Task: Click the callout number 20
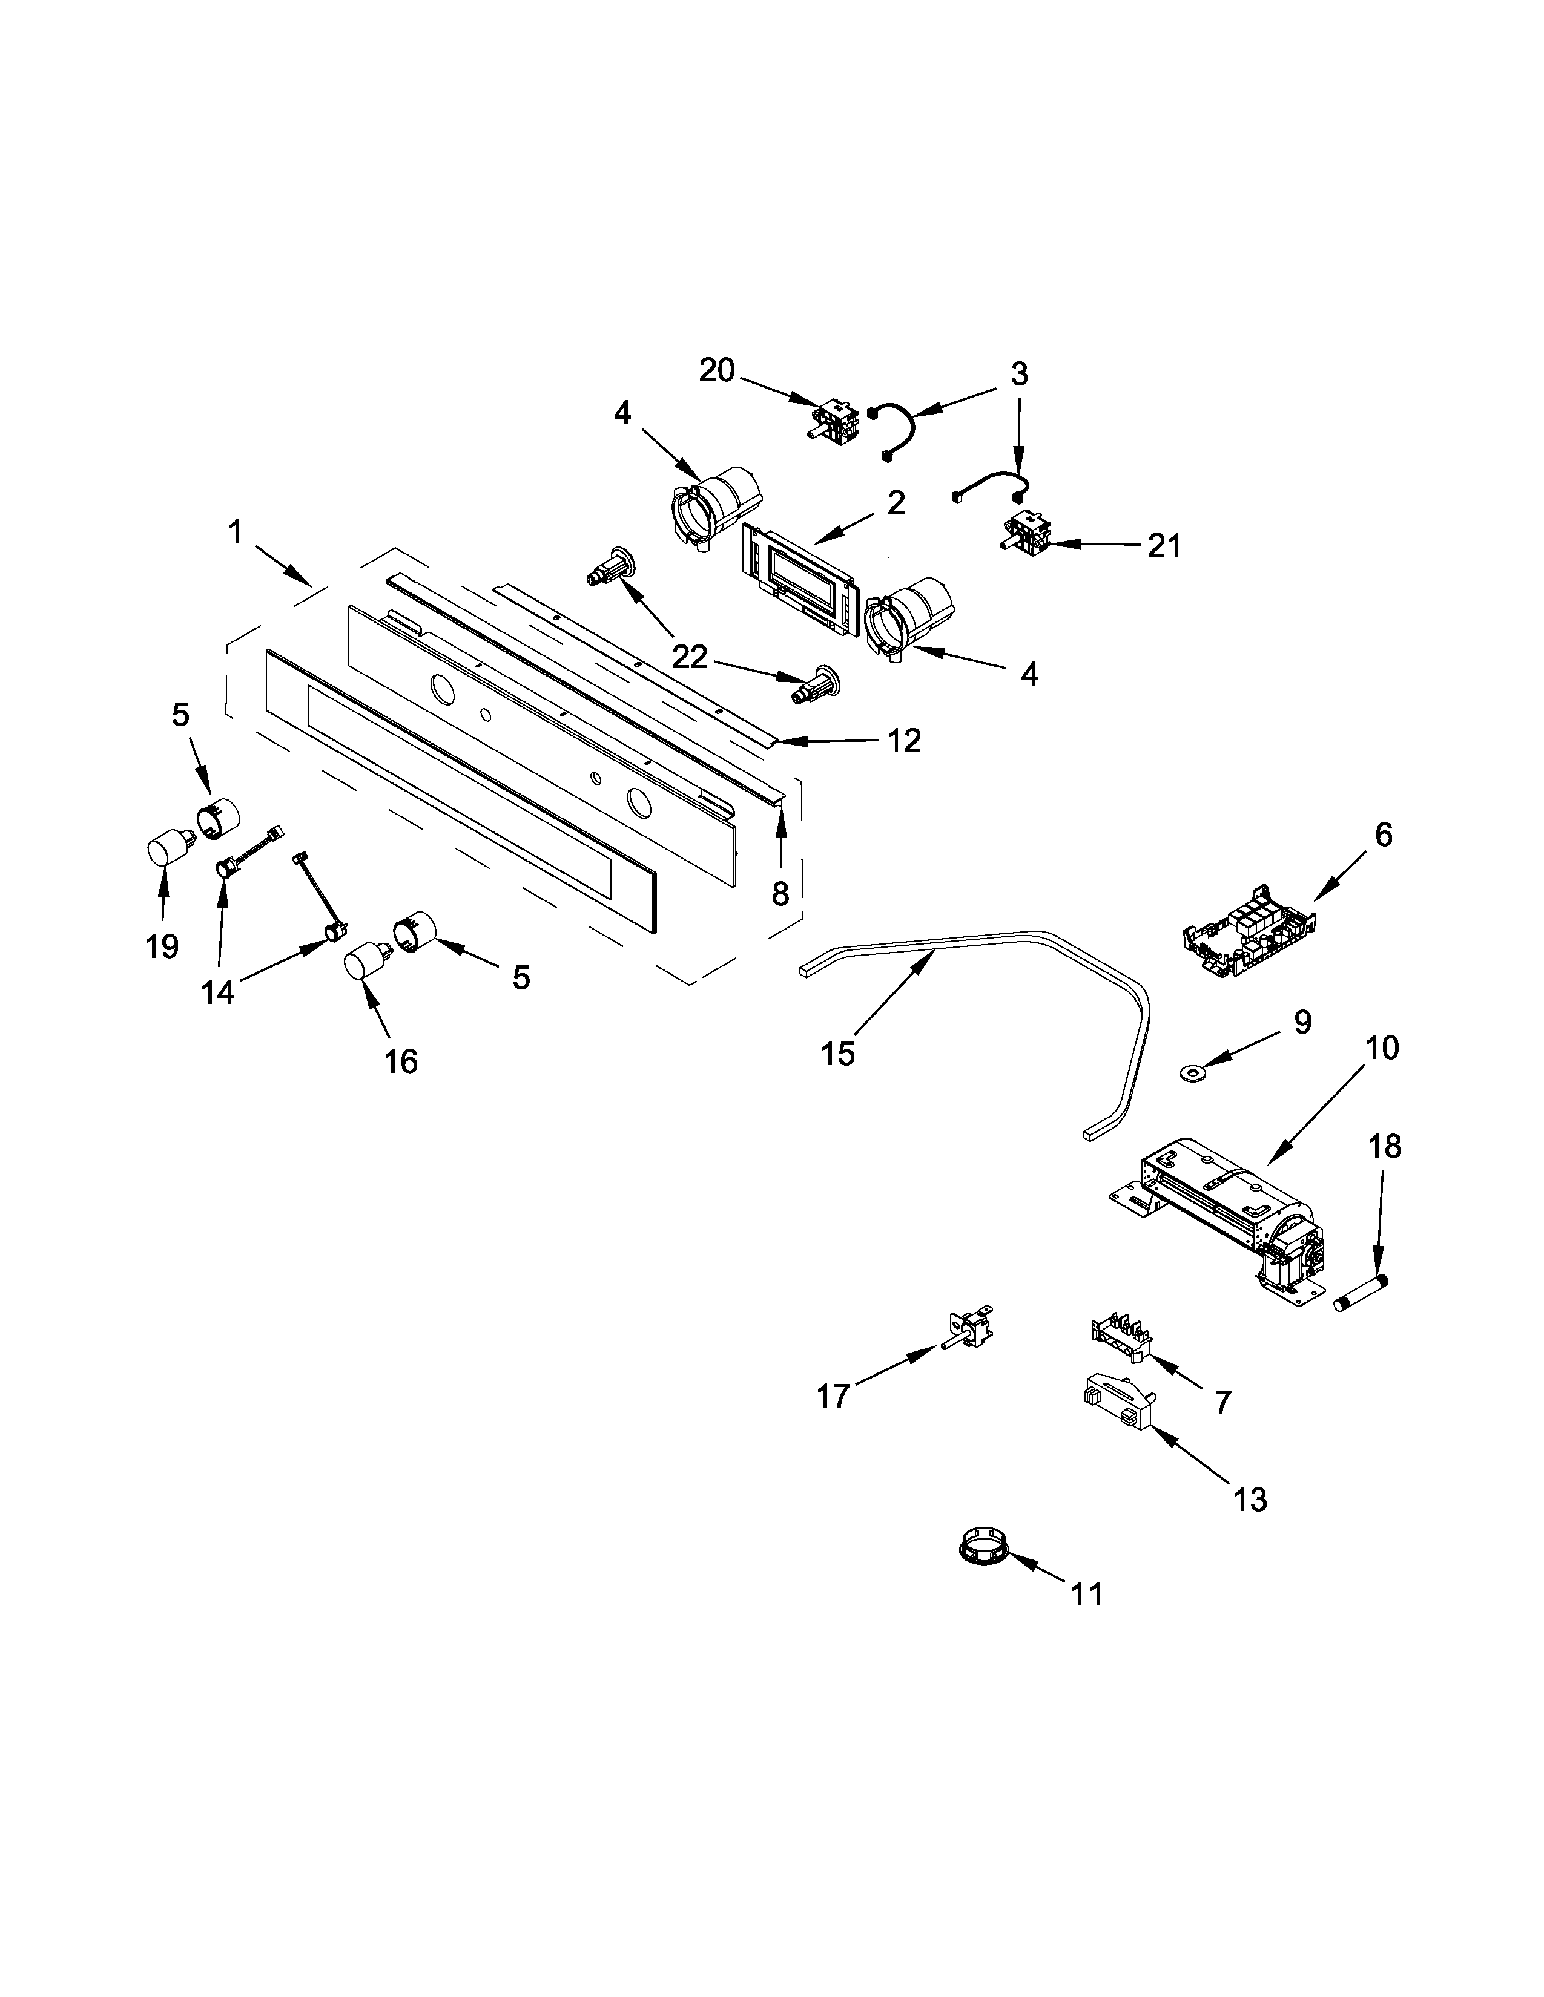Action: pos(716,370)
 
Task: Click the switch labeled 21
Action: pos(1024,532)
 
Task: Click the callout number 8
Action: pos(779,893)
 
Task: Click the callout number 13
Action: pos(1250,1499)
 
